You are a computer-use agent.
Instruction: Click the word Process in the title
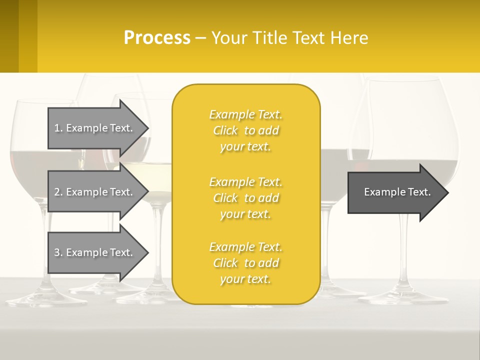[157, 38]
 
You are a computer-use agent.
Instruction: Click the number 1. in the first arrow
[58, 128]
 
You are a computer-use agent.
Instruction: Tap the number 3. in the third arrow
[58, 252]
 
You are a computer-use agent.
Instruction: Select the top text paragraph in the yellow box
[245, 130]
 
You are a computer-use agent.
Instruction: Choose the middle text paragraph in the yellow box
[245, 198]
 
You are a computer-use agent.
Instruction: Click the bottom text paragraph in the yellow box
[245, 263]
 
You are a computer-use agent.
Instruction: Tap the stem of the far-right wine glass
[404, 250]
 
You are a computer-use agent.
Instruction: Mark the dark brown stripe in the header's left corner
[9, 36]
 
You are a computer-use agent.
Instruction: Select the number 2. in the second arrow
[58, 192]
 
